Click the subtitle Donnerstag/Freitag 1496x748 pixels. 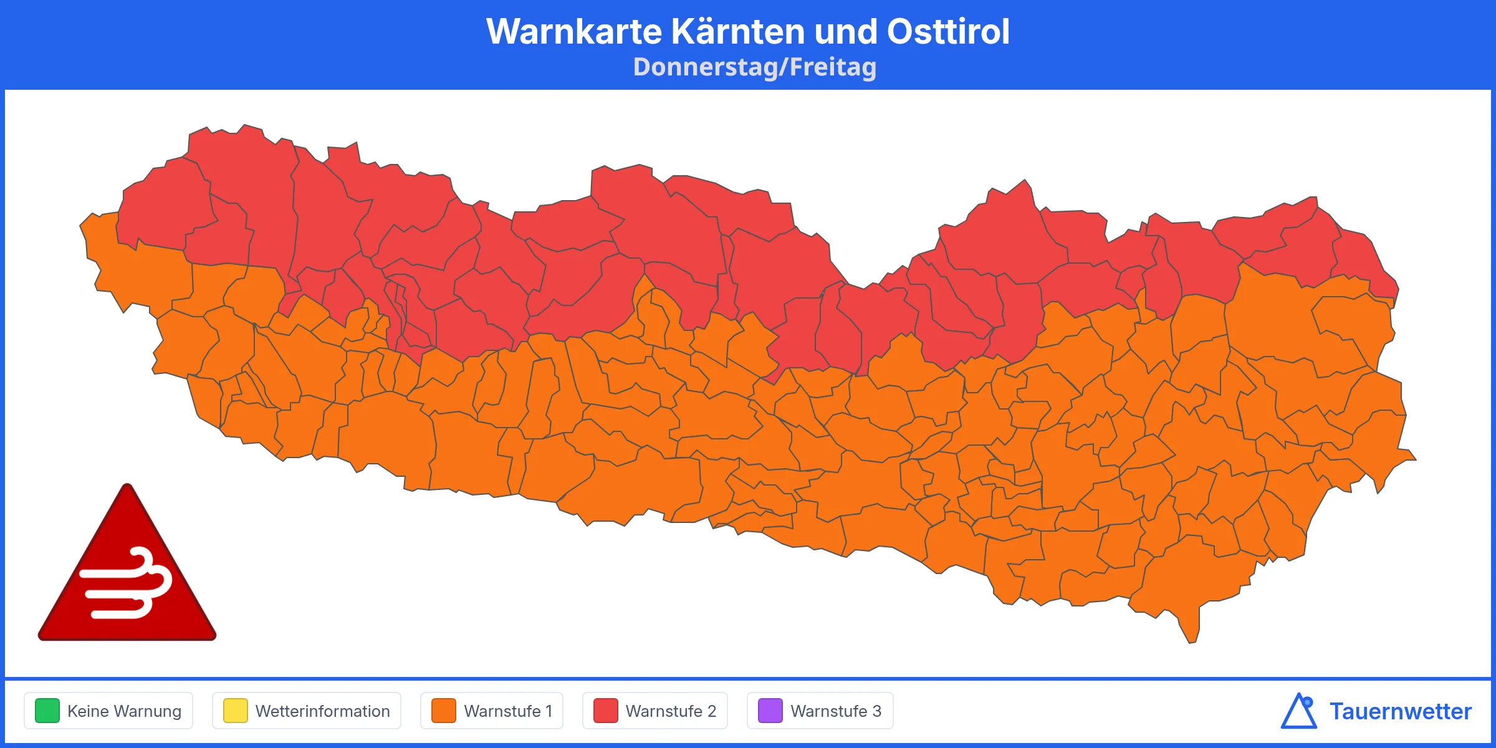[x=754, y=67]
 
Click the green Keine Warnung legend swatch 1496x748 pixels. [x=47, y=711]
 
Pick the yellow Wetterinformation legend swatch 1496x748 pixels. [x=236, y=711]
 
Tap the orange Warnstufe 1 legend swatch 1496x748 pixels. [x=444, y=711]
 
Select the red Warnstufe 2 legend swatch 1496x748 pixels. [x=605, y=711]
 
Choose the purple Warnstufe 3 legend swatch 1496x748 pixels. [x=770, y=711]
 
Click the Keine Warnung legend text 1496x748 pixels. [x=124, y=711]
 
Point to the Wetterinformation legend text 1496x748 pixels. [x=322, y=711]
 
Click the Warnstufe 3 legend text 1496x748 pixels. [x=836, y=711]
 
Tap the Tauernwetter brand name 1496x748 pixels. [x=1400, y=711]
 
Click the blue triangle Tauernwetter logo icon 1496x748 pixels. [x=1298, y=712]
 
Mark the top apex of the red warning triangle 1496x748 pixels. [x=127, y=487]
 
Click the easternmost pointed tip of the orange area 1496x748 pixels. [x=1414, y=459]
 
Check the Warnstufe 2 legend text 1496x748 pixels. [x=671, y=711]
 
